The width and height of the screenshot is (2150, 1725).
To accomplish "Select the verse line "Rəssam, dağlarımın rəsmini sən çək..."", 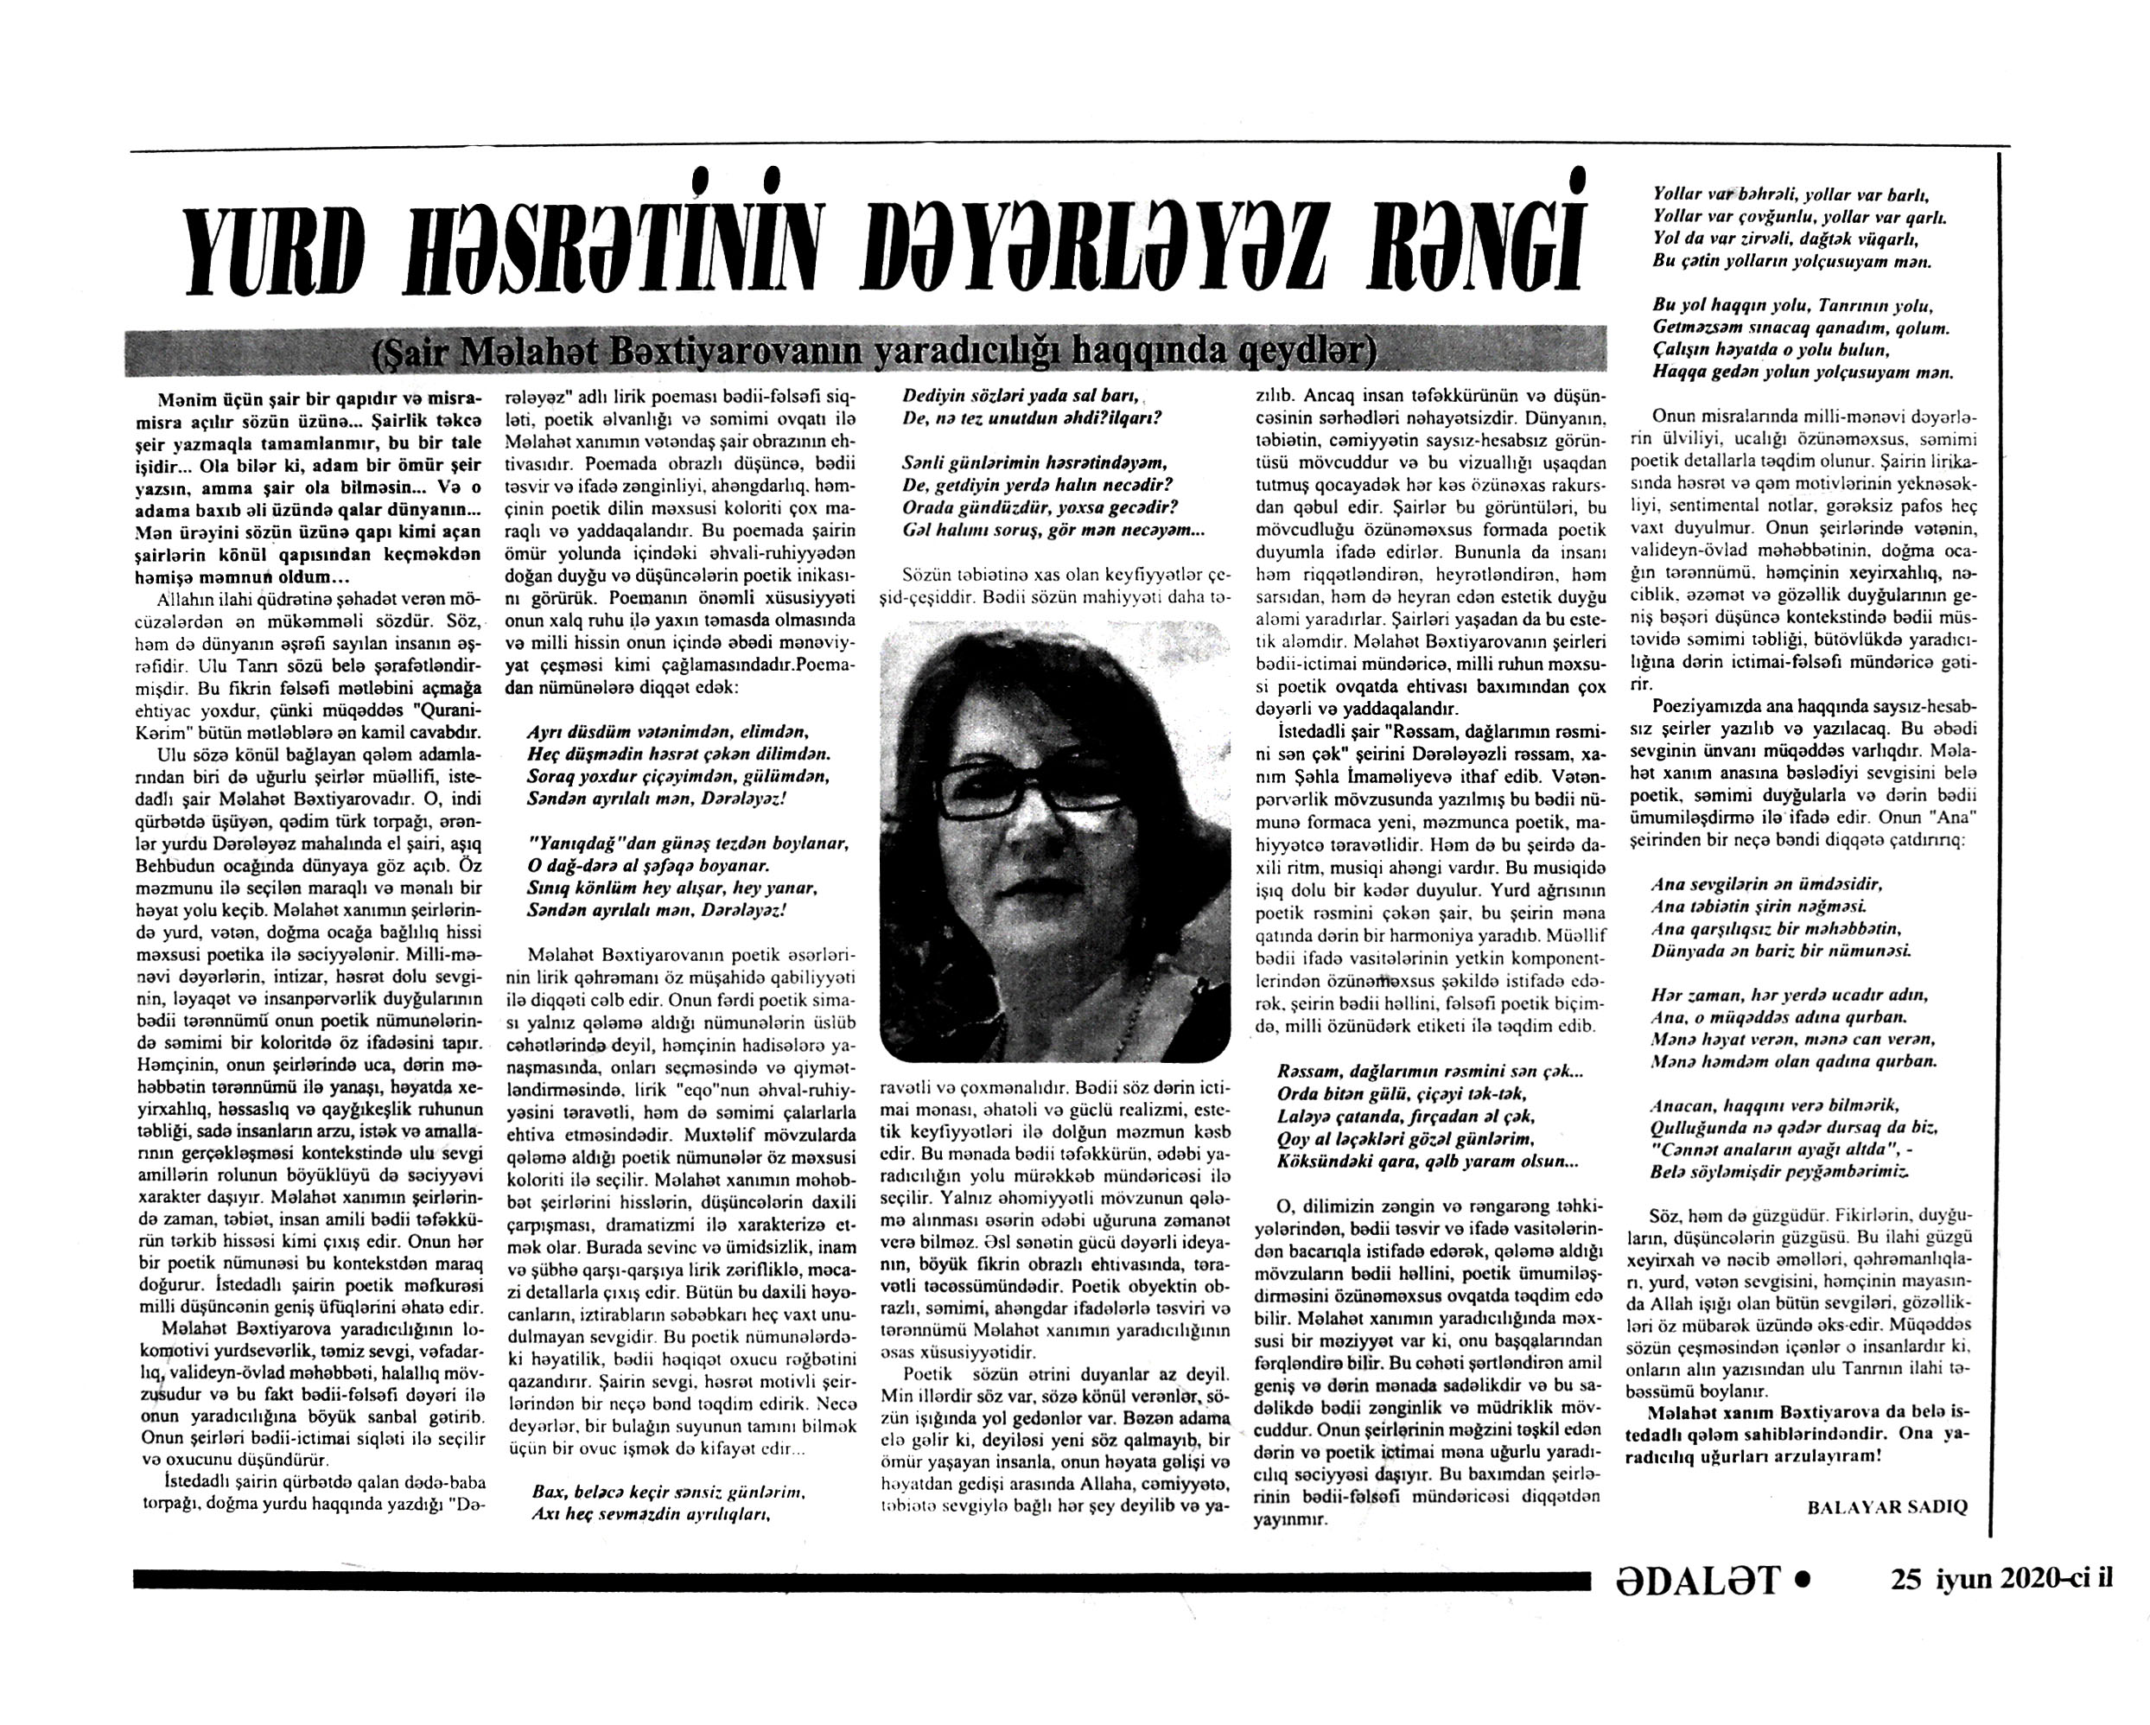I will coord(1428,1072).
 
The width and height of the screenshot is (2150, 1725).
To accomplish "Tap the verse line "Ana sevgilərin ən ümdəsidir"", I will coord(1765,883).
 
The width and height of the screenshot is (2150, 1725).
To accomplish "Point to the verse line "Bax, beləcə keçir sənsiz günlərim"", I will coord(667,1493).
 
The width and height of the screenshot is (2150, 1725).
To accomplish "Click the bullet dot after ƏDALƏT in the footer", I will coord(1802,1578).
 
